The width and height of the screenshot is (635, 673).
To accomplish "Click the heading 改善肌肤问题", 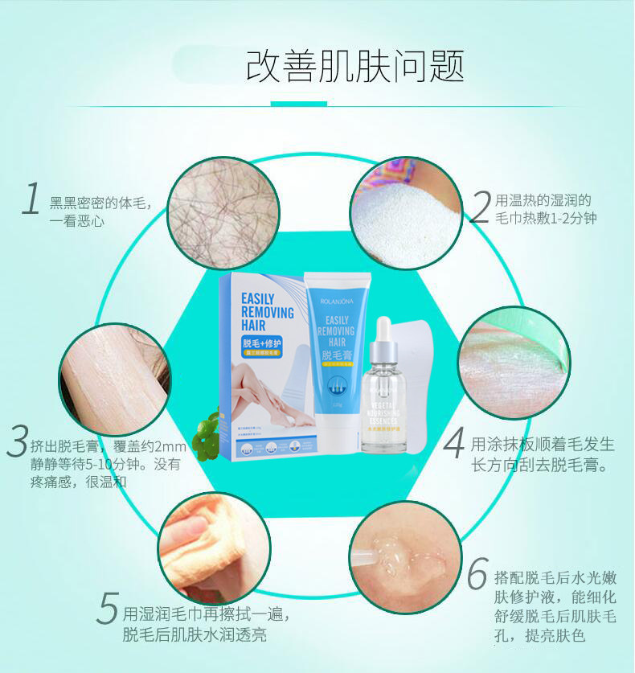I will (x=354, y=66).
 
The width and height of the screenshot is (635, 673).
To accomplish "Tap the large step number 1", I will (x=31, y=199).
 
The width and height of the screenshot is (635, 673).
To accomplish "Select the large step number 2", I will (x=480, y=207).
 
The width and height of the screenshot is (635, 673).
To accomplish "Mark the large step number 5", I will (x=107, y=608).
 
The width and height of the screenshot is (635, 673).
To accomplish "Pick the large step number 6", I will (x=477, y=575).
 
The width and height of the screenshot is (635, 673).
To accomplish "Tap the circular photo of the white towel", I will (x=406, y=212).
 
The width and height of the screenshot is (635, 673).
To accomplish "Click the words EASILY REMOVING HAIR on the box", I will (x=267, y=312).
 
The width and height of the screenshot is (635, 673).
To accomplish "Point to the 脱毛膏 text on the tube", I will (x=336, y=356).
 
